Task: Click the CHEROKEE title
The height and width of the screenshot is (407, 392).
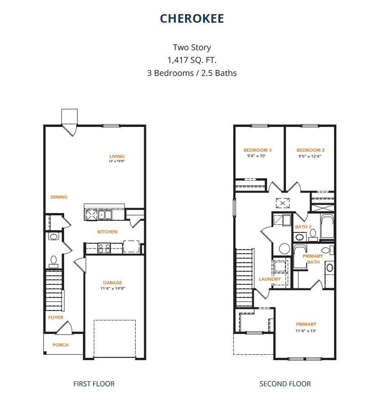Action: coord(192,19)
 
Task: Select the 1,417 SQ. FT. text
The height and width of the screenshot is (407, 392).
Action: coord(192,60)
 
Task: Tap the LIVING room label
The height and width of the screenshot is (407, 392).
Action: coord(117,156)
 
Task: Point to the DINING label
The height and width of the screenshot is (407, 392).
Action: coord(59,197)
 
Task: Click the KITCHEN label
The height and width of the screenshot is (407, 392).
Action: coord(107,232)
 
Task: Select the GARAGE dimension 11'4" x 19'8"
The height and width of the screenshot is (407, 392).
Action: coord(112,289)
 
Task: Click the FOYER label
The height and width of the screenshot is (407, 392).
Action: coord(56,317)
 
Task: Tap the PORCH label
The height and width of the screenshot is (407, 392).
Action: coord(60,345)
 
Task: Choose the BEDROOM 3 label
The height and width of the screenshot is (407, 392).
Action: coord(258,150)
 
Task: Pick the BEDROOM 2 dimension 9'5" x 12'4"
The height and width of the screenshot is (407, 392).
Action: coord(310,156)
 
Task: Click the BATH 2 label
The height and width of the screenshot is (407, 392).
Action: coord(303,227)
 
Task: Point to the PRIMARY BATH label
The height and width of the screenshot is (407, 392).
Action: coord(313,259)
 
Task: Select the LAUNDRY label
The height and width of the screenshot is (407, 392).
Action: coord(269,279)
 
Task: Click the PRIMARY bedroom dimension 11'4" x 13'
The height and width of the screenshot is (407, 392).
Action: coord(306,331)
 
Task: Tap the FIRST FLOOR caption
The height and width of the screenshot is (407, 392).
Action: coord(94,384)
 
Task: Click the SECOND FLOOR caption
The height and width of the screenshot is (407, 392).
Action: coord(285,384)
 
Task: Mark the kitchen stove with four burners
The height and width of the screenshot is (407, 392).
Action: coord(104,248)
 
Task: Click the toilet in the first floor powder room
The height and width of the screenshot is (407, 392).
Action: coord(54,261)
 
